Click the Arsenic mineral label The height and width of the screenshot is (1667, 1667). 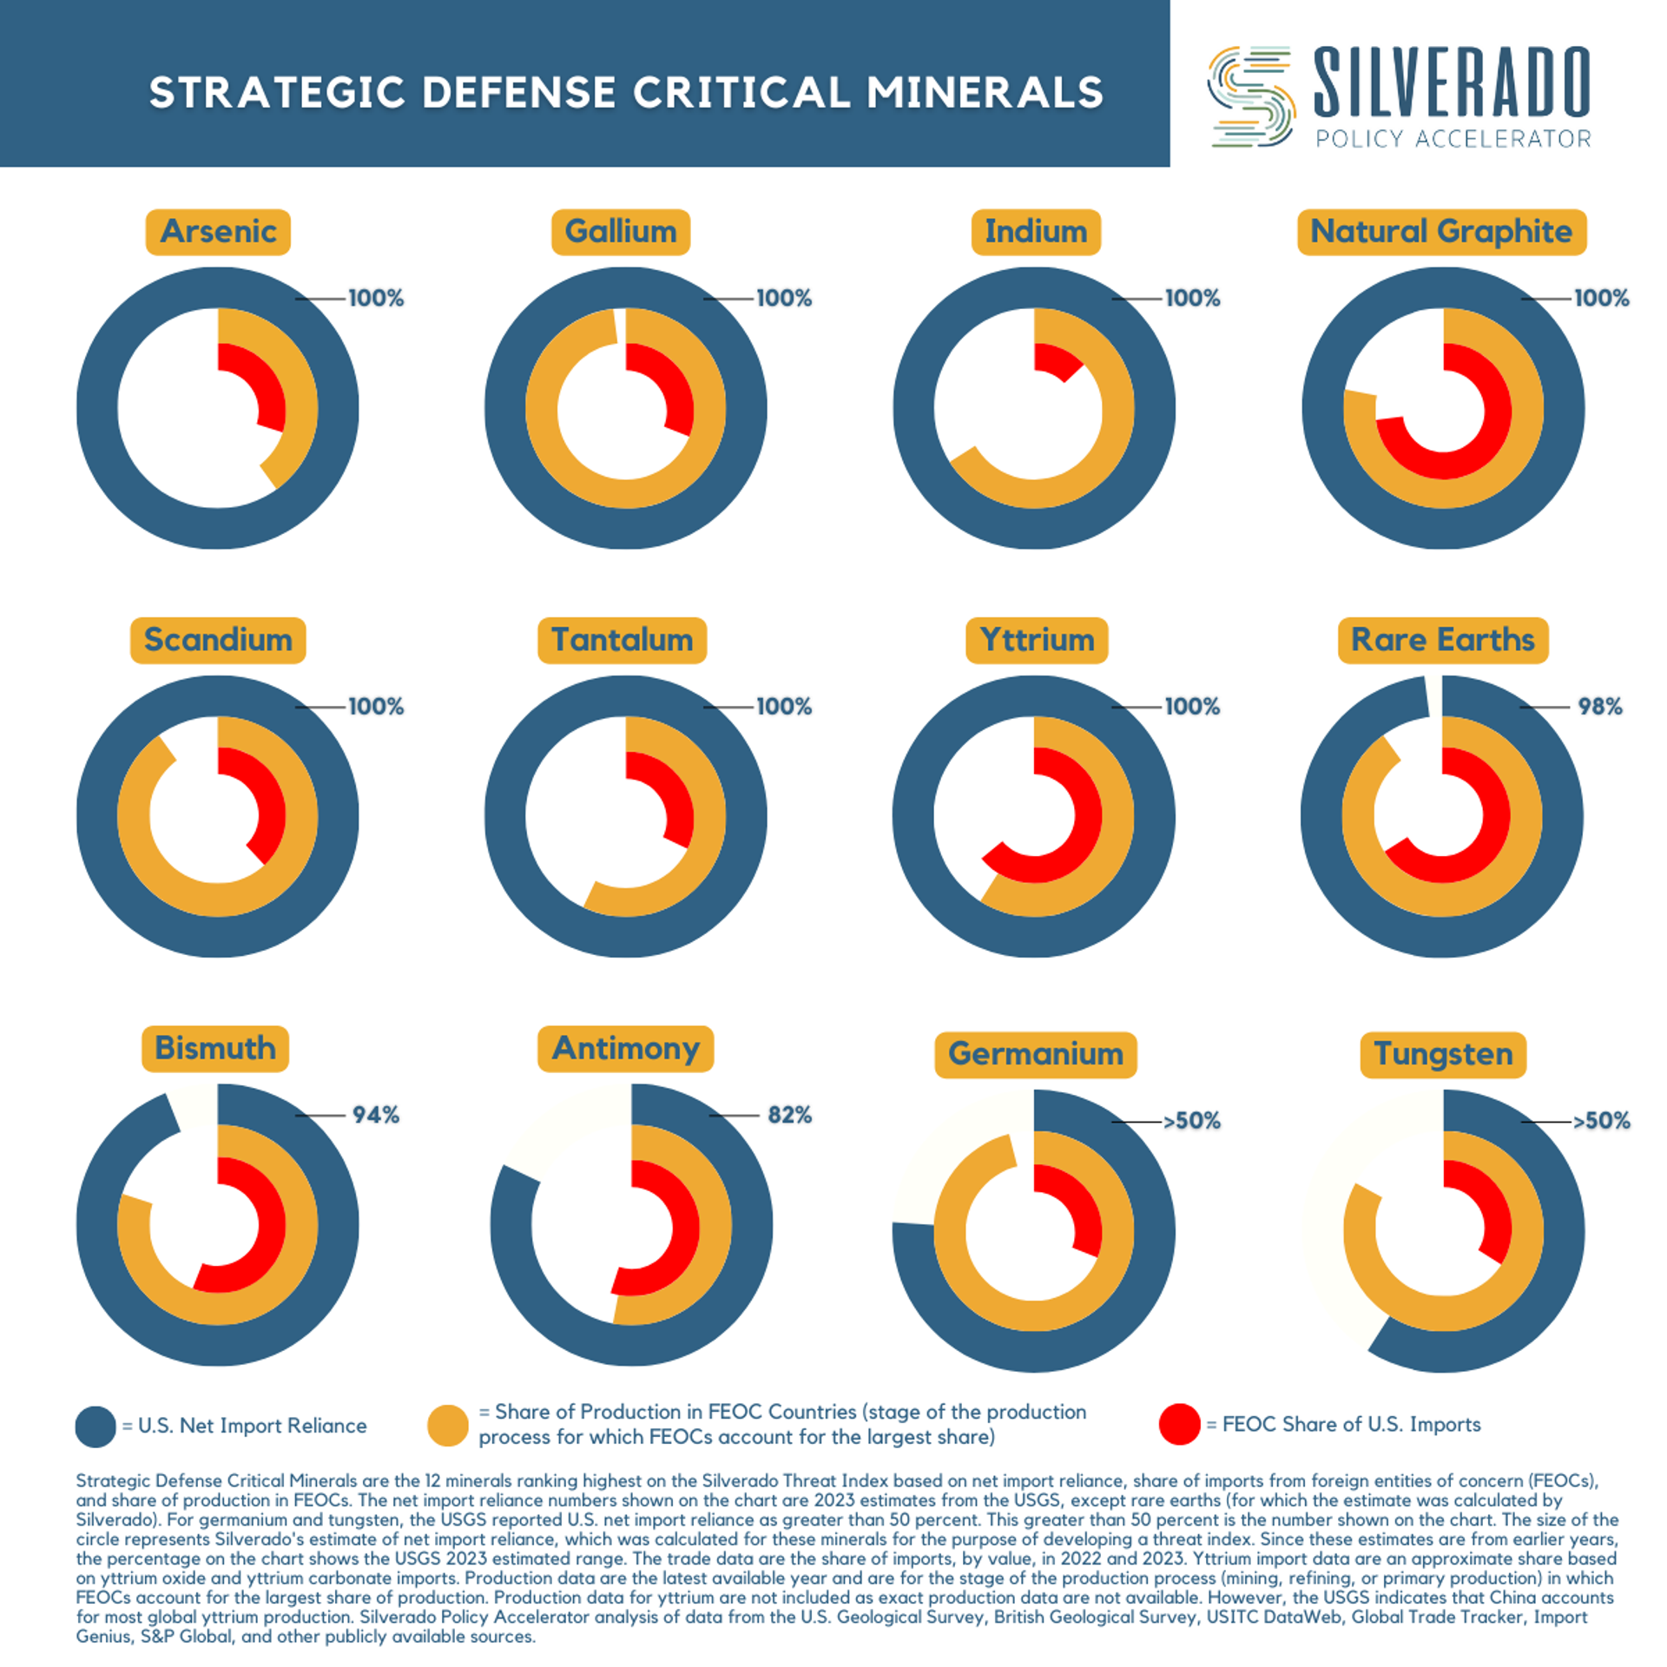[x=217, y=231]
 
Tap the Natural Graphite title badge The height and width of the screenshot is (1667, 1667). [x=1440, y=231]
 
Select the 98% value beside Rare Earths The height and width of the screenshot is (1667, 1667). [x=1599, y=706]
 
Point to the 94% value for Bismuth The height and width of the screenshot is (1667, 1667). [x=375, y=1114]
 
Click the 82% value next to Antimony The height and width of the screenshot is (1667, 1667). [x=788, y=1114]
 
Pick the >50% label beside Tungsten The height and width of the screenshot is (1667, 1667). [x=1601, y=1120]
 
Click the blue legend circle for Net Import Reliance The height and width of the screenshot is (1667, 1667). [x=96, y=1426]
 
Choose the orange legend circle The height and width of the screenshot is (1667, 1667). [x=448, y=1426]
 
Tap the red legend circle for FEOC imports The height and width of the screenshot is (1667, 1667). [x=1179, y=1424]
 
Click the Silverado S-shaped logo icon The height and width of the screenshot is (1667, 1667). [x=1251, y=96]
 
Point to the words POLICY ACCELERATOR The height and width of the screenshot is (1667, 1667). [x=1453, y=139]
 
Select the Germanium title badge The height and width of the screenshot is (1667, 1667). [x=1035, y=1053]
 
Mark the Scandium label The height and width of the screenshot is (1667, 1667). [x=217, y=639]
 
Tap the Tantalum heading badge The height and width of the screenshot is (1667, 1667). [x=622, y=639]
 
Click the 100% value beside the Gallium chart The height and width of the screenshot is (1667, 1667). [x=783, y=298]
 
